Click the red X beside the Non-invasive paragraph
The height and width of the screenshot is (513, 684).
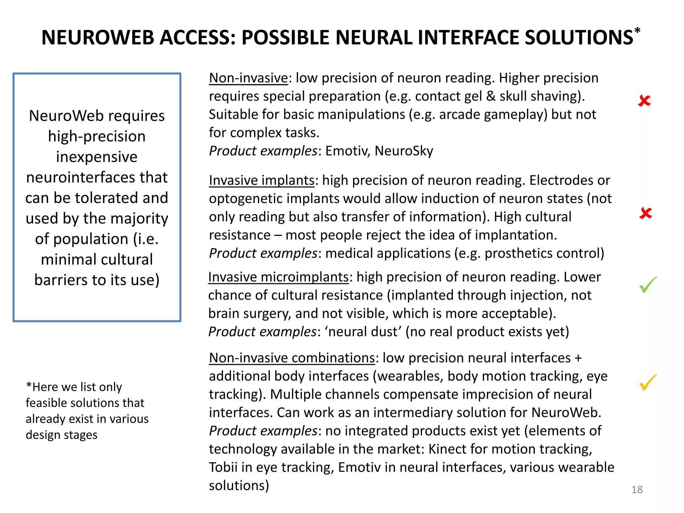pos(644,101)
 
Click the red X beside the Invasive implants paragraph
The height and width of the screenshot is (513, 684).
pos(646,213)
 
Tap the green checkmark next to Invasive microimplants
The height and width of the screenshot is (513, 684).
pos(648,285)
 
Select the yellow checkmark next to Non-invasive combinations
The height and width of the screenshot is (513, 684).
pos(648,382)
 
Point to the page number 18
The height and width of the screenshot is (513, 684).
pos(637,490)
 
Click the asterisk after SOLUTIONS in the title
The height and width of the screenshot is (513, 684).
pos(637,31)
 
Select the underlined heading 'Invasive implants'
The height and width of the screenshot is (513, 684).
pos(262,180)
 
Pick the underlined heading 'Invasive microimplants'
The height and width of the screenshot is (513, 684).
pos(278,277)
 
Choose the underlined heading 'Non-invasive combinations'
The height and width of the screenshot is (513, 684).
pos(292,358)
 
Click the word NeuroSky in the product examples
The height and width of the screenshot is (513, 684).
pos(404,151)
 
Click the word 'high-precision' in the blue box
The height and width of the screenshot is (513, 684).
pos(97,137)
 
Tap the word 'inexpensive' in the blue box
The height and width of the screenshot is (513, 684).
pos(97,157)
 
